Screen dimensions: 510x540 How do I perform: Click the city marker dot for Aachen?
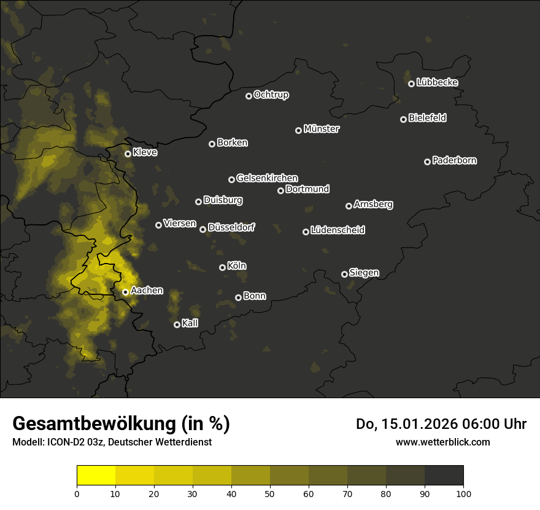point(125,292)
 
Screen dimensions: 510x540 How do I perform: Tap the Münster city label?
point(322,129)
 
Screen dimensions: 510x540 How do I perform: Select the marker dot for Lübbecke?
point(411,84)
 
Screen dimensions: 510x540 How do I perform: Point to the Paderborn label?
point(455,160)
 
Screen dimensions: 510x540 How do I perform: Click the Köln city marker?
point(222,267)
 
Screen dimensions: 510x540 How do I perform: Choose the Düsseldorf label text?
point(231,227)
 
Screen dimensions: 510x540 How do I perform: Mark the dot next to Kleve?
point(128,154)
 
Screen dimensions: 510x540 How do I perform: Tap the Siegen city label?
point(364,273)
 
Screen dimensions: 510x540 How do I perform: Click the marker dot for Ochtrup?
point(249,96)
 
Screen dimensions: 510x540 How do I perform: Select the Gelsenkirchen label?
point(267,178)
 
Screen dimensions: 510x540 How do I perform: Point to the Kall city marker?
point(177,324)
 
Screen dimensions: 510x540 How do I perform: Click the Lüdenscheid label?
point(338,230)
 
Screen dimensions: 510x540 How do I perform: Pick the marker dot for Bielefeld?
point(403,119)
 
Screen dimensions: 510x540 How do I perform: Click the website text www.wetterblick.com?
point(443,442)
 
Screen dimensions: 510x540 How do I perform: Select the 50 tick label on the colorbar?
point(270,493)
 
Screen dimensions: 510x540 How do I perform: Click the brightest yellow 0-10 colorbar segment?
point(96,476)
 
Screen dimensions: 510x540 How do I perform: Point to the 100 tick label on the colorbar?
point(463,493)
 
